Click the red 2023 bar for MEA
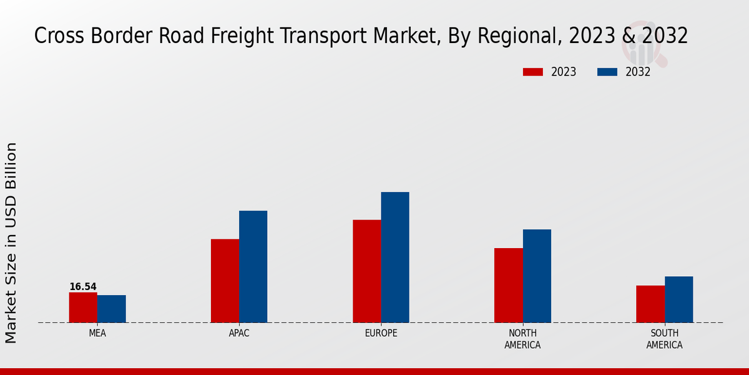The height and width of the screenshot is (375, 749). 83,307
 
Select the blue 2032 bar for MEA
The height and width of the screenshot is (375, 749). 112,309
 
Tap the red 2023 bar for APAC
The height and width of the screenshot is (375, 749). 225,281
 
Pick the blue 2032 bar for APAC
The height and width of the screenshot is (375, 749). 253,267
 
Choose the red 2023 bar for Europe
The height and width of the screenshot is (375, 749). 366,271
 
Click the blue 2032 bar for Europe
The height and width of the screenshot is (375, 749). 395,257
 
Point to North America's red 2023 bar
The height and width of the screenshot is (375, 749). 508,286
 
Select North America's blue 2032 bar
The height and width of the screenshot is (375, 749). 537,276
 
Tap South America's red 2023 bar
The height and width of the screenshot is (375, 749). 650,304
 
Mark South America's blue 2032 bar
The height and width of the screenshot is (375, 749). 679,299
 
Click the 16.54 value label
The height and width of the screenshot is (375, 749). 83,287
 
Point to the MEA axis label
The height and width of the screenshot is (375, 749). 97,333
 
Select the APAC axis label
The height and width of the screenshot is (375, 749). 239,333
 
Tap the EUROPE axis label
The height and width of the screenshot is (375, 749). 381,333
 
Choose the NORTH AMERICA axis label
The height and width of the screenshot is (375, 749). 522,339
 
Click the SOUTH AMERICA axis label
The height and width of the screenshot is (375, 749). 664,339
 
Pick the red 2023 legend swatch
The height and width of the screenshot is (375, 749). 533,72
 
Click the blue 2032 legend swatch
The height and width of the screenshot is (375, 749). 607,72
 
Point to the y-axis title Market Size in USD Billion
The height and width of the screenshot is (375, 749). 11,242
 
